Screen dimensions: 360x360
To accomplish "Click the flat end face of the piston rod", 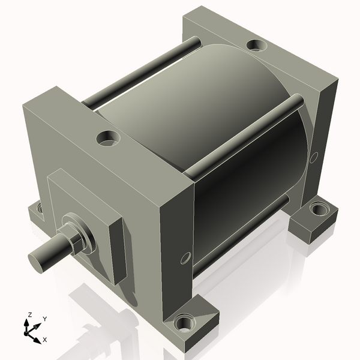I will (37, 260).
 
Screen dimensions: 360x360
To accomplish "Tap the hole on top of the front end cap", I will (109, 139).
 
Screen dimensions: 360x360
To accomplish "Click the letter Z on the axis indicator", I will (29, 314).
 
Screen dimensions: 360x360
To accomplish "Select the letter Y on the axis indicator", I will (44, 319).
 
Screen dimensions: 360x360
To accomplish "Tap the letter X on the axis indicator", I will (45, 340).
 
